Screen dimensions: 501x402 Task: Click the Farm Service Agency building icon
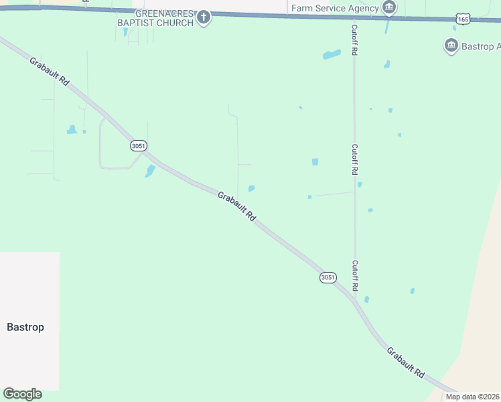[388, 8]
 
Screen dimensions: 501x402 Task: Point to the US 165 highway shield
[463, 19]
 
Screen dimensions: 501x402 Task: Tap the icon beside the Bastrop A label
[451, 46]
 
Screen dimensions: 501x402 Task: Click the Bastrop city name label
[25, 327]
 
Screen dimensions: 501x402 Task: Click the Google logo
[22, 394]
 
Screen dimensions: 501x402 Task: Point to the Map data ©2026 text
[472, 397]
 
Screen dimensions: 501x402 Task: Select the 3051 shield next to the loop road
[138, 145]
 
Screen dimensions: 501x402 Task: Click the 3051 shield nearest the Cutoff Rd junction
[328, 277]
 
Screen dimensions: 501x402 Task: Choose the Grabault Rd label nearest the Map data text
[406, 362]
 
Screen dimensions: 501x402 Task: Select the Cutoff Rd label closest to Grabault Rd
[355, 275]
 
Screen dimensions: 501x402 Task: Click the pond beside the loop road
[150, 171]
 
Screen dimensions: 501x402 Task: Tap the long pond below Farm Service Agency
[332, 54]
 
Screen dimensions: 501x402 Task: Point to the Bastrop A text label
[481, 46]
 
